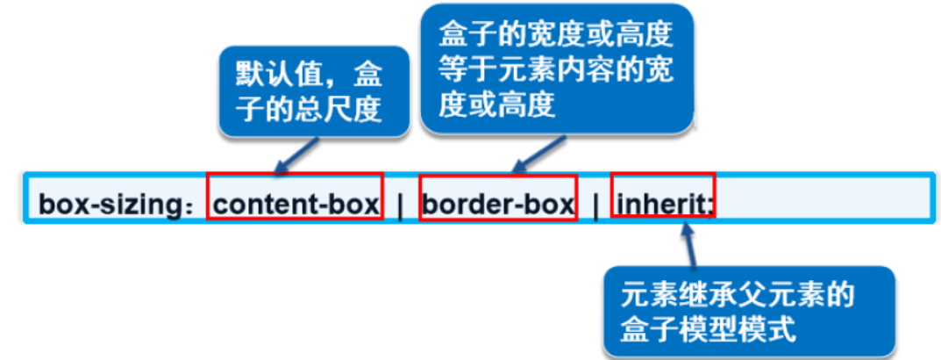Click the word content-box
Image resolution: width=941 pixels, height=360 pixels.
point(296,205)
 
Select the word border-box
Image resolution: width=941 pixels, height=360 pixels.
point(497,205)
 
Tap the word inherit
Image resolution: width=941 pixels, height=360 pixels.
point(664,205)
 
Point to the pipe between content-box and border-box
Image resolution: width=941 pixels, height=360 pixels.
point(401,205)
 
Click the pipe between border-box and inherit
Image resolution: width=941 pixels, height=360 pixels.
point(595,205)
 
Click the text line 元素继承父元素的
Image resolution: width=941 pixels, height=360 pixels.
point(738,294)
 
